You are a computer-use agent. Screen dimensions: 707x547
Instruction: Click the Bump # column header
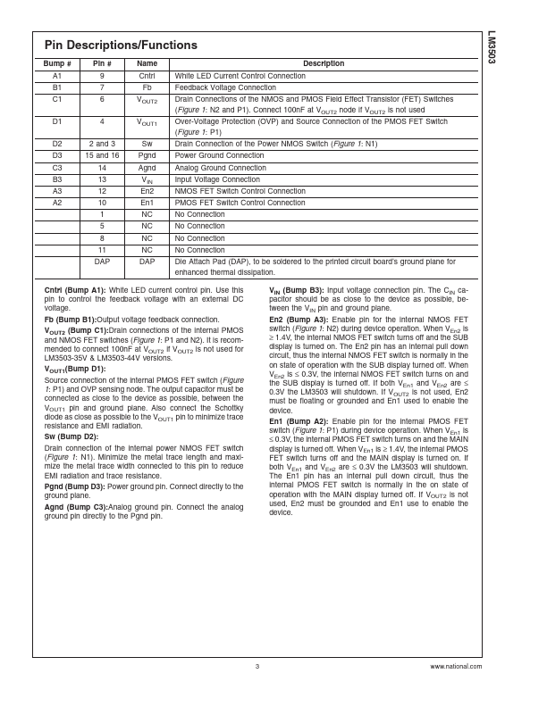point(56,64)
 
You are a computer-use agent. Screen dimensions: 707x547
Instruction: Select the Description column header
point(324,64)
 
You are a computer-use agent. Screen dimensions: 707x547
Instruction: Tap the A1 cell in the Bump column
point(56,77)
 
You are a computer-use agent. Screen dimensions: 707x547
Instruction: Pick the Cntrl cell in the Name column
point(147,77)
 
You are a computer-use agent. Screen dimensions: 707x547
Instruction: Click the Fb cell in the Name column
point(147,88)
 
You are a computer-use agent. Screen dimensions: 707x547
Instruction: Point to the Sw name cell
point(147,144)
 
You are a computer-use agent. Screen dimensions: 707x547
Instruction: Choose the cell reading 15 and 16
point(102,155)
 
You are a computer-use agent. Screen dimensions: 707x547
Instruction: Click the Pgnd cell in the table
point(147,155)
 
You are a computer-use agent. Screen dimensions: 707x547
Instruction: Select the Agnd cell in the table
point(147,168)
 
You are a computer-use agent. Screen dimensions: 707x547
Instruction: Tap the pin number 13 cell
point(102,179)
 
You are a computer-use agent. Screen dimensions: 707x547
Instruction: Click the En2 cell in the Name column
point(147,191)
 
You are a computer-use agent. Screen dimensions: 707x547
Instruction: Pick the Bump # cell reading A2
point(56,203)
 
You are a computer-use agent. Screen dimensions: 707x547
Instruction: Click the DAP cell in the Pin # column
point(102,262)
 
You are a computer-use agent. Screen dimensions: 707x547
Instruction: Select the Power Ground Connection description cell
point(219,155)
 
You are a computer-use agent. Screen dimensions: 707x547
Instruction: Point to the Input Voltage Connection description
point(217,179)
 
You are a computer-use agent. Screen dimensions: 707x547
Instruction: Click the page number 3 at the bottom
point(257,666)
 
